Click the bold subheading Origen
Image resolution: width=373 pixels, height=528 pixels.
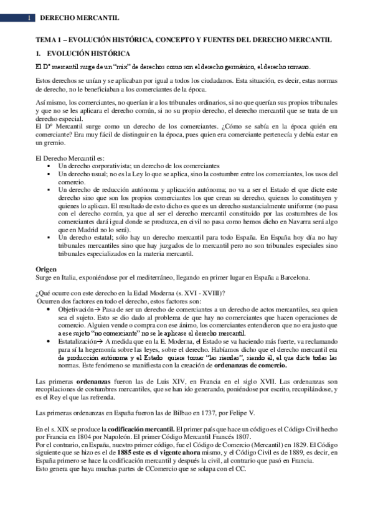[x=46, y=269]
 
